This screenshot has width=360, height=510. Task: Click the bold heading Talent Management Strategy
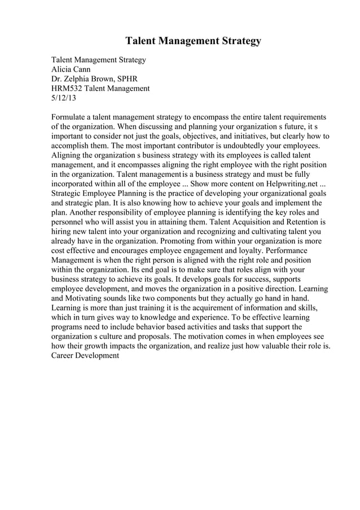pos(193,41)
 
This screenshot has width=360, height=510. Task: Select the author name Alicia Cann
pos(71,69)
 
